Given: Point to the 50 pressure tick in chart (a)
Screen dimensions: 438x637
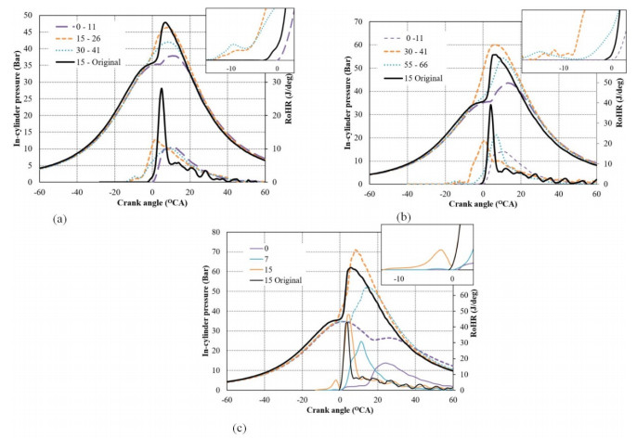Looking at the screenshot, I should [30, 16].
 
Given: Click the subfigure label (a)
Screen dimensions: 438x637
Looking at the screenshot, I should [61, 222].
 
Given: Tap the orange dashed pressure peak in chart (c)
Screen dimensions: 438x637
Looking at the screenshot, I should [357, 250].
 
